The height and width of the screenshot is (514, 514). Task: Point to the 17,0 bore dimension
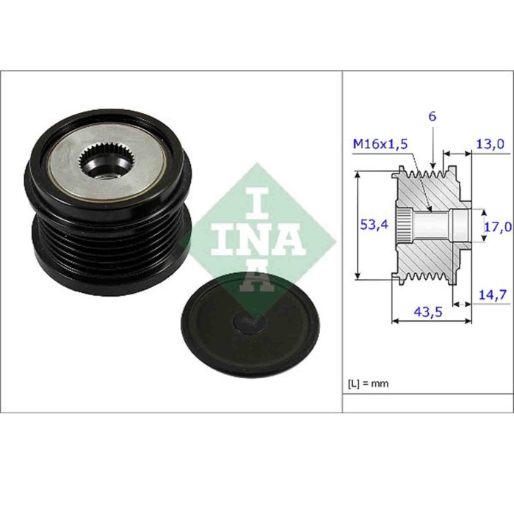(496, 227)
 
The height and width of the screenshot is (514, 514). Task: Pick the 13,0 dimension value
(491, 144)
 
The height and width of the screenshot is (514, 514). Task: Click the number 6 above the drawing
(432, 116)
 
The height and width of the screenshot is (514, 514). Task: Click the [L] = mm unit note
(368, 384)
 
